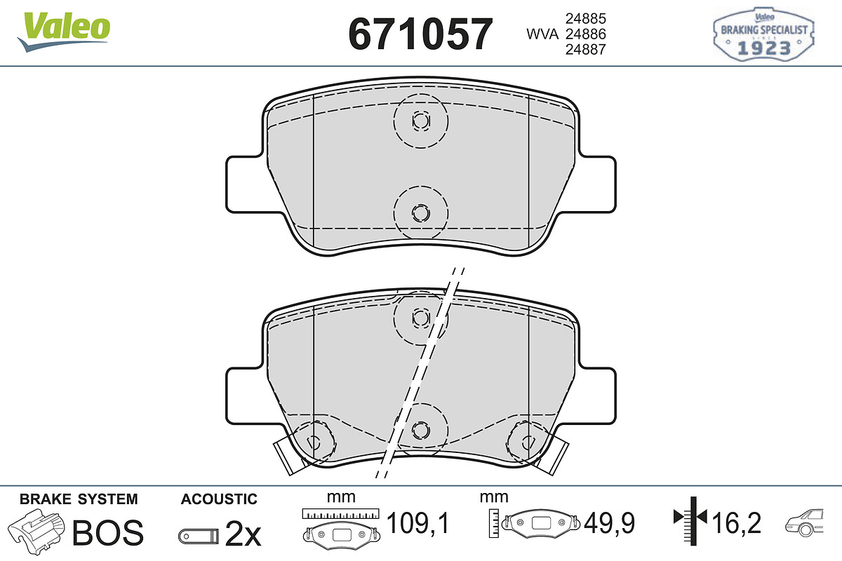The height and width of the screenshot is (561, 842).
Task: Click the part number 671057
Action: click(420, 34)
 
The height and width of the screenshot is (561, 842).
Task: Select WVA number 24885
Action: click(586, 18)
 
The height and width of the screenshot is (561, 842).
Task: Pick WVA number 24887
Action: click(586, 49)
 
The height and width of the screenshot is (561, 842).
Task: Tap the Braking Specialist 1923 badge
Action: click(763, 34)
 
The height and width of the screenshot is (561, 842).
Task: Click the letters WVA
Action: click(542, 34)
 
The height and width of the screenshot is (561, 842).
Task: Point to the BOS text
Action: click(108, 533)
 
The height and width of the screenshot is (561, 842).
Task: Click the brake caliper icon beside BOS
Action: click(36, 531)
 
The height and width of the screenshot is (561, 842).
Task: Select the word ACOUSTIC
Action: click(219, 499)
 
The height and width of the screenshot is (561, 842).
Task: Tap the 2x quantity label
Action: click(243, 534)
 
